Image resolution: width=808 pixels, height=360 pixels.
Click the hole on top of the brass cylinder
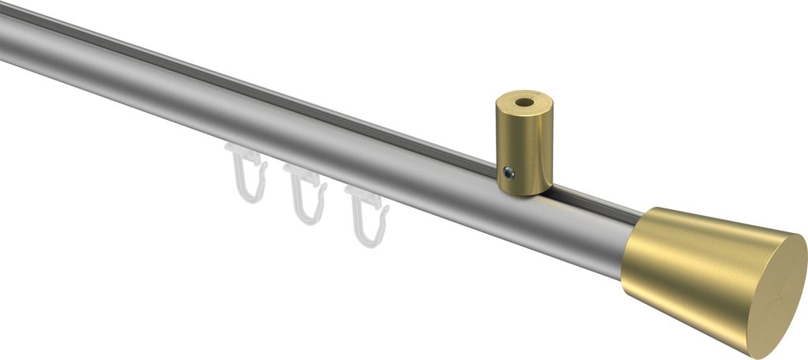[524, 103]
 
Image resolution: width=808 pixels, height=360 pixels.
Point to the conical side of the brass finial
[694, 268]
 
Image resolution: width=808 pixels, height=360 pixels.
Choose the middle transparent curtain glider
[306, 193]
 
